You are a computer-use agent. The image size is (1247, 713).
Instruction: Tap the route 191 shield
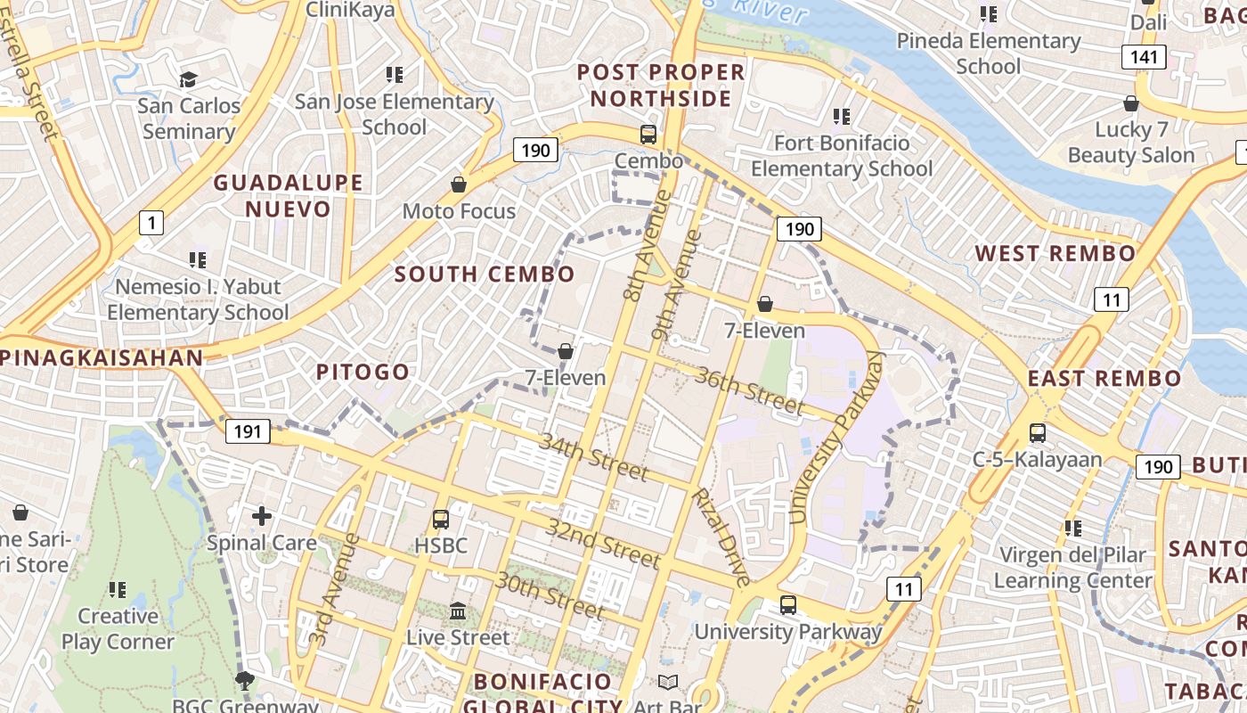(x=248, y=432)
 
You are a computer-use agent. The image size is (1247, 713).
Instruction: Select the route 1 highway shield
(x=151, y=222)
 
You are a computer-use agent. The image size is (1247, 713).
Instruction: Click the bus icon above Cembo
(x=648, y=135)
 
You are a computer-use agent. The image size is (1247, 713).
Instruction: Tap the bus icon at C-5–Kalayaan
(x=1037, y=433)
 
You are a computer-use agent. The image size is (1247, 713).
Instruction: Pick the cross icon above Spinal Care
(x=262, y=515)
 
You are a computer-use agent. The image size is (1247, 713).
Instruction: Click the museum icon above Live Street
(x=458, y=611)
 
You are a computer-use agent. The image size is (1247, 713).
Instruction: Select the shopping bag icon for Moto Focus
(x=459, y=184)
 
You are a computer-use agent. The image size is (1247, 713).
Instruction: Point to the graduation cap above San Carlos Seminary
(x=188, y=79)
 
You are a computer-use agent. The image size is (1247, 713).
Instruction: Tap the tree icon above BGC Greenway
(x=244, y=682)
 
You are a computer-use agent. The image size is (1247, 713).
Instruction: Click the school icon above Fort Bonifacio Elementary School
(x=841, y=116)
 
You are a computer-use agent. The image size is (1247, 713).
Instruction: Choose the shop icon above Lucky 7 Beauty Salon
(x=1131, y=103)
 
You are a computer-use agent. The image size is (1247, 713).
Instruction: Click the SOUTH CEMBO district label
(x=485, y=274)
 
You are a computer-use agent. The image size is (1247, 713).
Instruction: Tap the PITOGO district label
(x=363, y=372)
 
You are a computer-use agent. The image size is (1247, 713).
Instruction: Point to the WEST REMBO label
(x=1055, y=253)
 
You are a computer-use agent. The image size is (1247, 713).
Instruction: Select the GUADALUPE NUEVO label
(x=288, y=195)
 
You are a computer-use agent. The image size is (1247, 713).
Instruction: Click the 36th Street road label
(x=750, y=390)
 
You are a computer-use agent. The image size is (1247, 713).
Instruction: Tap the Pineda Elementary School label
(x=989, y=53)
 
